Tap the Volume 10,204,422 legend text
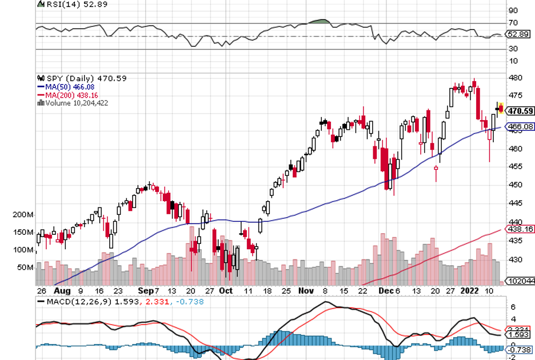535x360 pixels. (75, 103)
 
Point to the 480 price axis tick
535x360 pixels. (513, 78)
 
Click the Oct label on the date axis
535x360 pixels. (226, 290)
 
